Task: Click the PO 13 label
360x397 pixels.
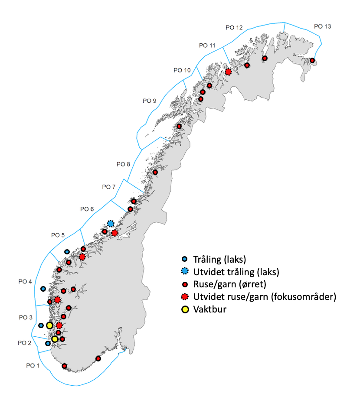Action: (322, 26)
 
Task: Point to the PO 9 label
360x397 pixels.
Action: (150, 101)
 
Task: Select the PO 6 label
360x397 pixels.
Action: (87, 209)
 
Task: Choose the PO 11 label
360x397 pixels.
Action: (207, 45)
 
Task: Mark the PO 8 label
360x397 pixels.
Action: (123, 164)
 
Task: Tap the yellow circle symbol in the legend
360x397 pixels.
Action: (185, 309)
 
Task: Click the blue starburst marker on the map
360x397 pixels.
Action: (111, 224)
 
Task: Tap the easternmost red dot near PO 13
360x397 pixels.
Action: (312, 61)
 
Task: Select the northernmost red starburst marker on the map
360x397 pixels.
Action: (228, 72)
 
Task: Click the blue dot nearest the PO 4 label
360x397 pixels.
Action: (43, 289)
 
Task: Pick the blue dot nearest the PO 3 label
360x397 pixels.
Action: (41, 325)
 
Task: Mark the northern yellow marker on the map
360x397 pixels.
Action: (49, 325)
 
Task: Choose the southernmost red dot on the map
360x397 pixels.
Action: (65, 366)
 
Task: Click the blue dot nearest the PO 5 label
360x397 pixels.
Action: (67, 252)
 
